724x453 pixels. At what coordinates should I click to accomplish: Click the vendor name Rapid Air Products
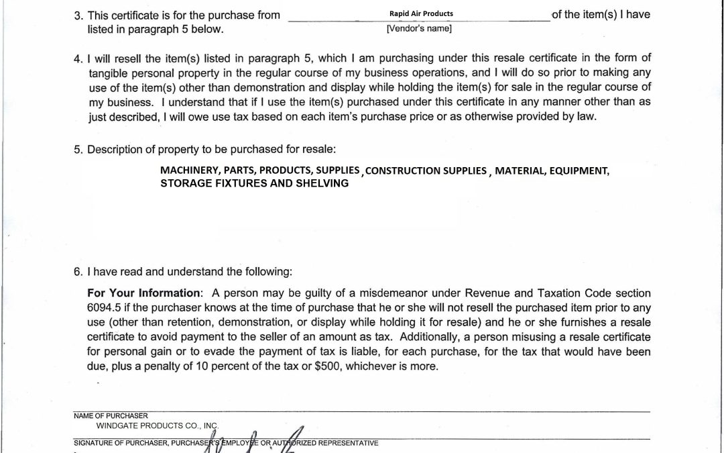coord(421,13)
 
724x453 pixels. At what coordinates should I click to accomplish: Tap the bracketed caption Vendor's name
coord(419,28)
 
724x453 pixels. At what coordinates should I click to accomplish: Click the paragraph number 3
coord(78,15)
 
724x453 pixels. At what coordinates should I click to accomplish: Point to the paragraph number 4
coord(78,58)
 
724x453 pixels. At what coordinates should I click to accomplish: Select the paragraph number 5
coord(78,149)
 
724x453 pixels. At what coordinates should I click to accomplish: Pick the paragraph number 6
coord(78,272)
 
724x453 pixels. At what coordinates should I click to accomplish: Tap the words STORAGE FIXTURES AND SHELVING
coord(254,183)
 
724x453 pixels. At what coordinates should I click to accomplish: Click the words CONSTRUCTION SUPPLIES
coord(426,171)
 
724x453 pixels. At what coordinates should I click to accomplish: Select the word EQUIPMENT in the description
coord(579,171)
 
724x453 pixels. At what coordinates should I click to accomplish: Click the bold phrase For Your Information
coord(144,293)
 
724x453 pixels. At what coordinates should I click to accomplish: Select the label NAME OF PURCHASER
coord(111,416)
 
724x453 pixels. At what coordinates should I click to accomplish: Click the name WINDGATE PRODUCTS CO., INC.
coord(158,425)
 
